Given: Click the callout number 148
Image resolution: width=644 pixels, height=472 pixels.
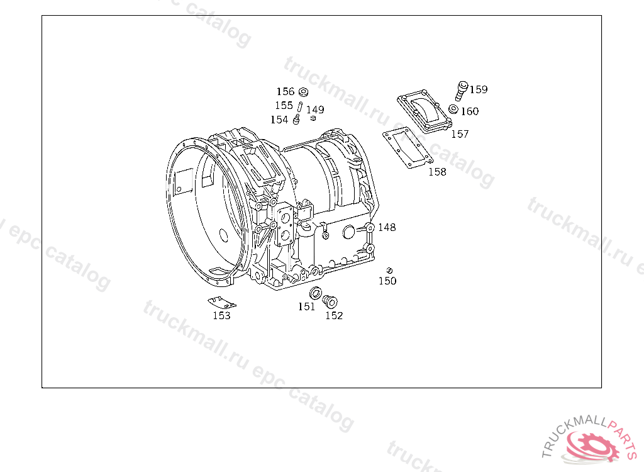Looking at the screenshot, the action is (x=387, y=227).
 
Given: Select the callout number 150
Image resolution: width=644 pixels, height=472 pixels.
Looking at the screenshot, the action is (x=387, y=281).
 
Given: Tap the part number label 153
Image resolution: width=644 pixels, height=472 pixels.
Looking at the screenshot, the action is (x=221, y=315).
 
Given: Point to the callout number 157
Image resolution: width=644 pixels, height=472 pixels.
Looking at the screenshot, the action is (x=460, y=134).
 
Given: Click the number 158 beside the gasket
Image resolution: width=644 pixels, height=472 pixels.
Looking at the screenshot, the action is (x=437, y=172).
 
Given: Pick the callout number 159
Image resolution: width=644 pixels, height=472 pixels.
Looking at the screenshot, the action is (x=479, y=89).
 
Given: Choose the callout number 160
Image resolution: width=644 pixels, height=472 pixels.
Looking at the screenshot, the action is (x=470, y=111).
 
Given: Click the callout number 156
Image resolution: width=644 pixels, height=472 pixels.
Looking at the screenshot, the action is (x=286, y=92).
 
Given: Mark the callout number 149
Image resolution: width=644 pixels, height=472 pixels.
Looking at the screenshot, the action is (x=315, y=110).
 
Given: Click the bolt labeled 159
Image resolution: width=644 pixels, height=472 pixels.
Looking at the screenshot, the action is (x=461, y=91).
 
